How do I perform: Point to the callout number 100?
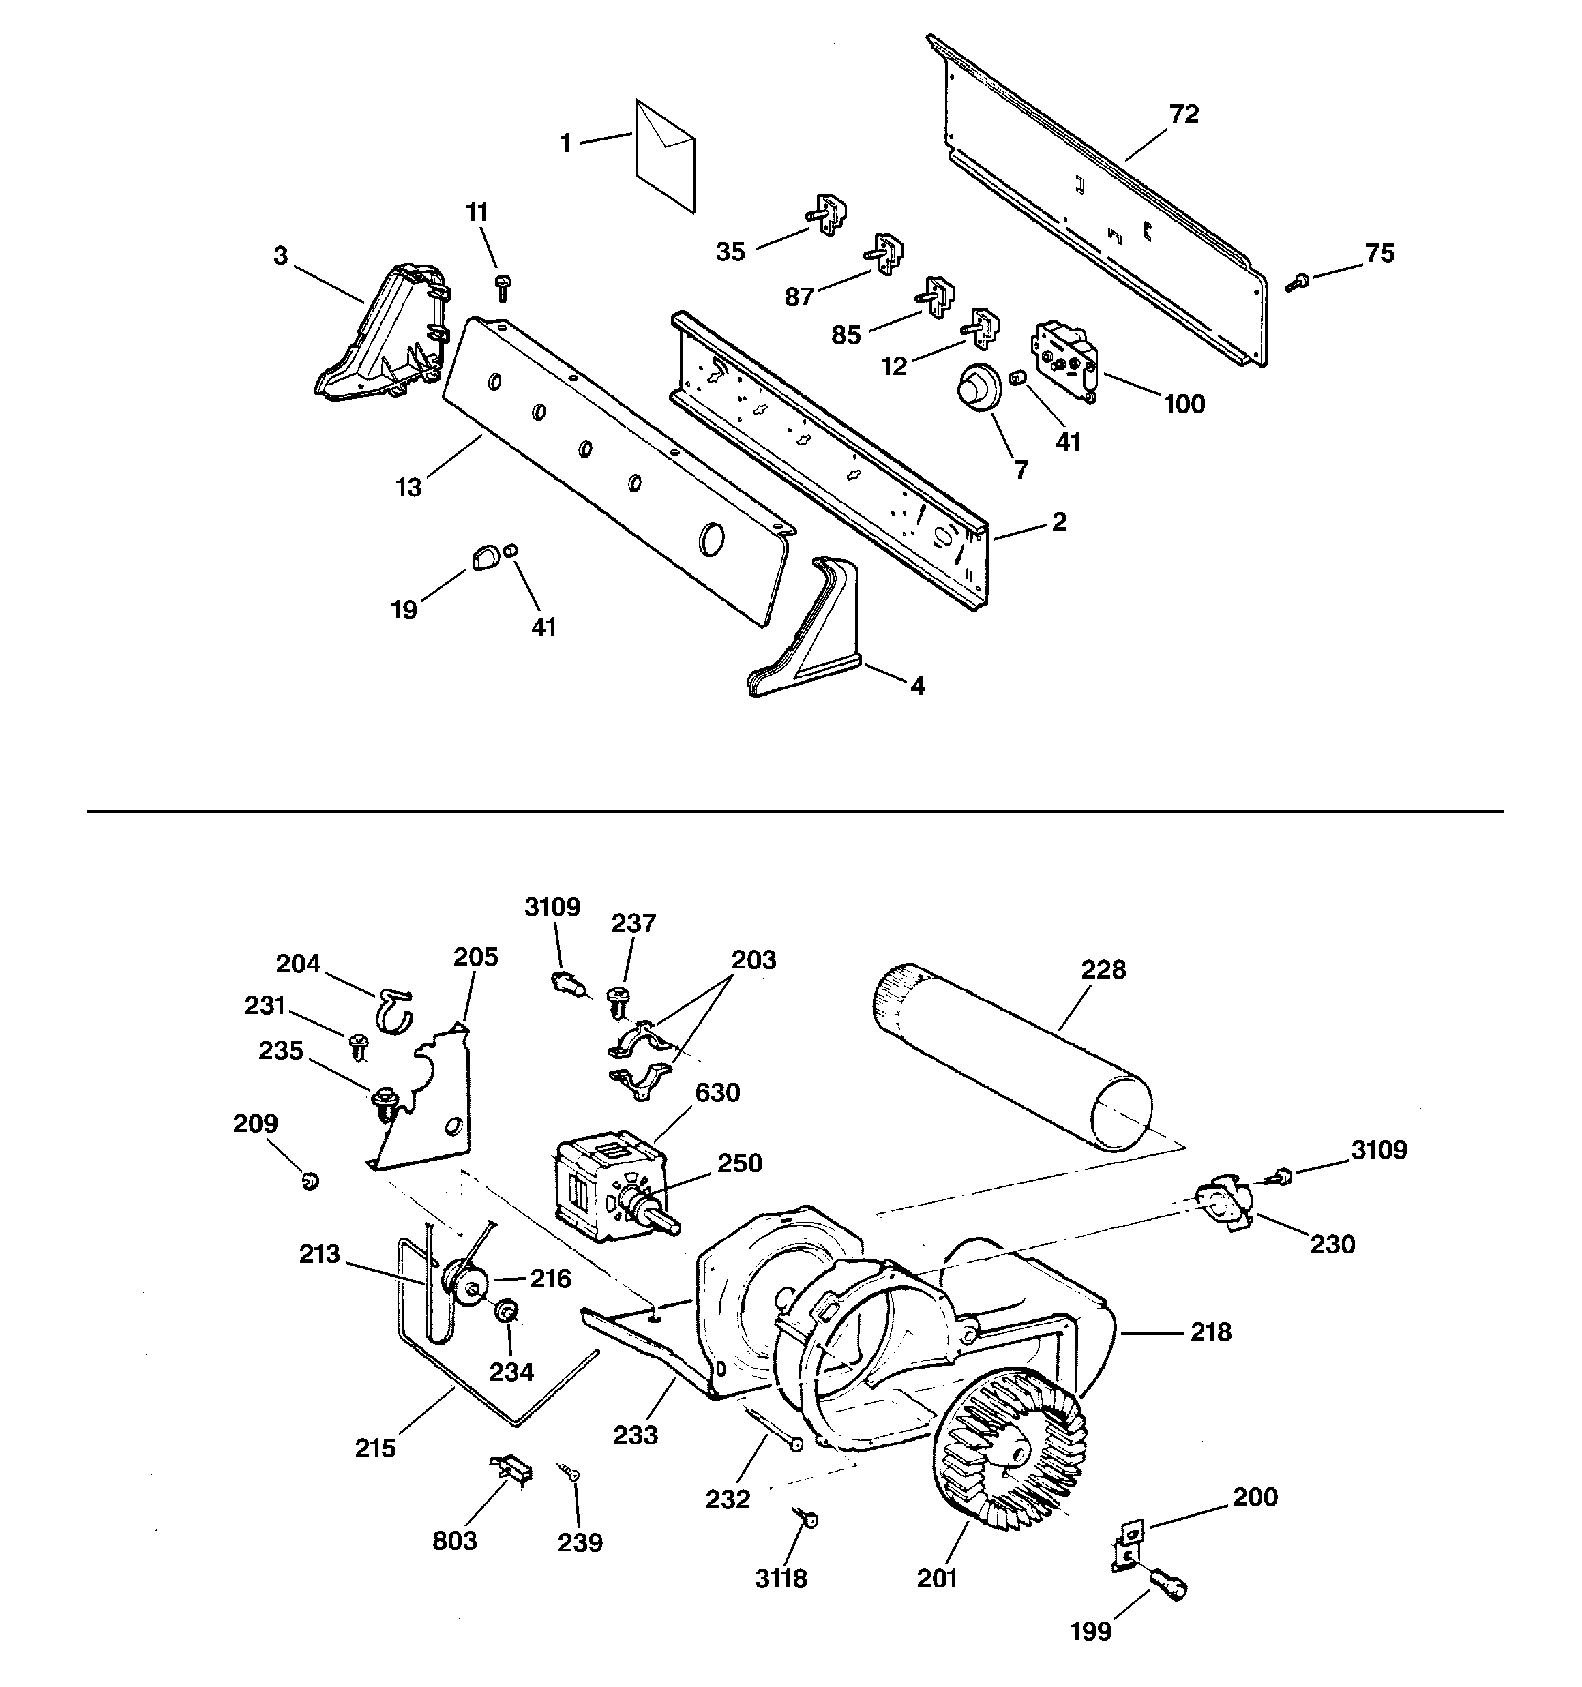[1184, 404]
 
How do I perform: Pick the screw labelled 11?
[502, 288]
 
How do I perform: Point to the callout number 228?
[1103, 969]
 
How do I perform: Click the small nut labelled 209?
[311, 1180]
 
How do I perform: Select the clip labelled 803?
[512, 1469]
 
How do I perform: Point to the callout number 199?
[1090, 1631]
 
